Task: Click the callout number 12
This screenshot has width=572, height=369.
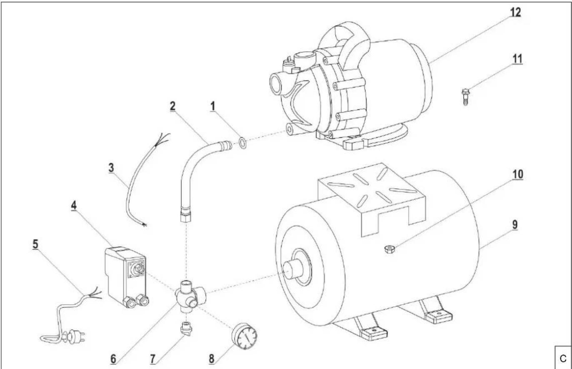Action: pos(515,12)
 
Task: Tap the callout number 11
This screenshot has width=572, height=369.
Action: pos(517,59)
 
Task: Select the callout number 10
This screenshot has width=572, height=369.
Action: pos(518,174)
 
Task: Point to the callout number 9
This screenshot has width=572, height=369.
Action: pos(515,225)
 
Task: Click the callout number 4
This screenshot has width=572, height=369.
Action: pos(74,205)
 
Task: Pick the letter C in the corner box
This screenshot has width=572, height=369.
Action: pos(563,358)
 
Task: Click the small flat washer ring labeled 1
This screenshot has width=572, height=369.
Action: pos(242,143)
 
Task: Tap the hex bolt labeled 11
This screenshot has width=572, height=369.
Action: pos(465,97)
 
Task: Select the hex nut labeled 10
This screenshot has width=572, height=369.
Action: pos(390,249)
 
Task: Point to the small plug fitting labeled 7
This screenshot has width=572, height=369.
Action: pos(187,329)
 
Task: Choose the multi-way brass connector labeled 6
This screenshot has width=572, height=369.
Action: pos(190,296)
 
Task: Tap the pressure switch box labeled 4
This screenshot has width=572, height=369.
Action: pos(126,277)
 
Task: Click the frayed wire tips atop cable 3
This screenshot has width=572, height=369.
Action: pos(162,139)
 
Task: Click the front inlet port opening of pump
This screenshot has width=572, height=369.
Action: pos(276,83)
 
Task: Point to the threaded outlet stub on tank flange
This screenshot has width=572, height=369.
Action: pos(293,269)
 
